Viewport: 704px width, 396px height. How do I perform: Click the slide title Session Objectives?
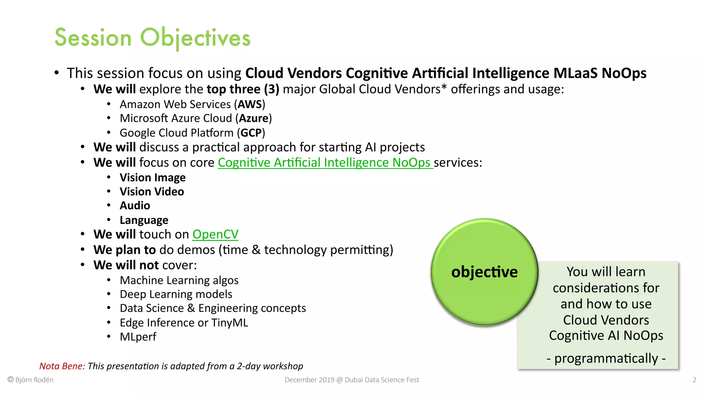(152, 37)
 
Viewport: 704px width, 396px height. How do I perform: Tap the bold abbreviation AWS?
(250, 104)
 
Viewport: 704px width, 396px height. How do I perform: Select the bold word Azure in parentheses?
(254, 118)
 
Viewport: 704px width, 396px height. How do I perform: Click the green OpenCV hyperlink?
(215, 234)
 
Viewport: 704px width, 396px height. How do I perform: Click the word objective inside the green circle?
(484, 272)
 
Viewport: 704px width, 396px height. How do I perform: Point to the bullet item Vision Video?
(152, 191)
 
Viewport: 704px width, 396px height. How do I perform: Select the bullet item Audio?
(135, 206)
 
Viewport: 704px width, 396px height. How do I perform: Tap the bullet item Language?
(144, 220)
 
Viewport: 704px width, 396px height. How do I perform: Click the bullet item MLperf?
(138, 337)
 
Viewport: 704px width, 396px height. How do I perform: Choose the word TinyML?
(229, 323)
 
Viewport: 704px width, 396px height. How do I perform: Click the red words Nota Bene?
(62, 366)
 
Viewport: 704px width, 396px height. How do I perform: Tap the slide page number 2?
(694, 380)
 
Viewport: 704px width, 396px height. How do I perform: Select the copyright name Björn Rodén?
(34, 380)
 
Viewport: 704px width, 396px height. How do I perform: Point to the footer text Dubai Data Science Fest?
(382, 380)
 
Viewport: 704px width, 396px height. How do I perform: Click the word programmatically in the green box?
(606, 359)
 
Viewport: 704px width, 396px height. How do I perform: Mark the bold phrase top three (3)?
(243, 89)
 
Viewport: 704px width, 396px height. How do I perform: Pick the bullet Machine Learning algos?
(179, 280)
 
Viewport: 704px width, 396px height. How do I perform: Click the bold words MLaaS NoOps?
(599, 73)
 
